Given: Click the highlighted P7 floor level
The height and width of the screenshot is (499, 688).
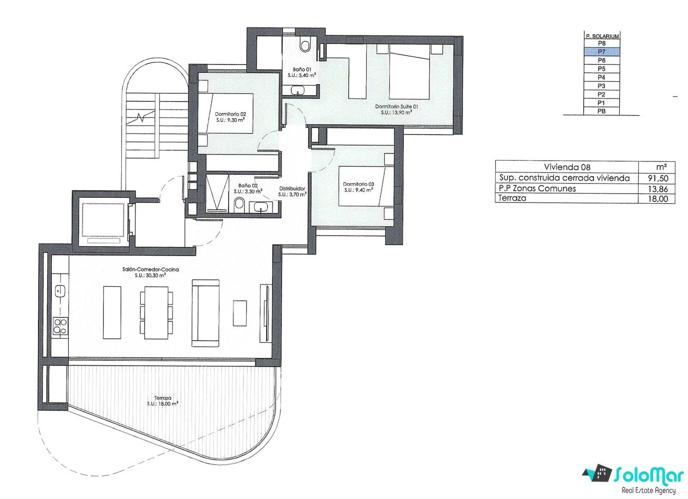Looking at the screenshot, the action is (601, 51).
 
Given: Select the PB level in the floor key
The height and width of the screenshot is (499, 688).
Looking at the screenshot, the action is (601, 111).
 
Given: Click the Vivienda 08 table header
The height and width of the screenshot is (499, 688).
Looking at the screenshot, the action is (567, 167).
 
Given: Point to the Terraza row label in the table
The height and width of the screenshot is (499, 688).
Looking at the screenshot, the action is (512, 198).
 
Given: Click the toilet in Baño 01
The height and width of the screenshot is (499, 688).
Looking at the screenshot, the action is (305, 44).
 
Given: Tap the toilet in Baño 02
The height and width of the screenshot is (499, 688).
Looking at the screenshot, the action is (239, 204).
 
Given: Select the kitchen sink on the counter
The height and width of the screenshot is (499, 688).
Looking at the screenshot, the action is (60, 291).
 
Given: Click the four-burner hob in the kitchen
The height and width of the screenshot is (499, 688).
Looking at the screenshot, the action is (60, 326).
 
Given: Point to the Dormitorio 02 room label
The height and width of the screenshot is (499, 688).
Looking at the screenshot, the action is (230, 114).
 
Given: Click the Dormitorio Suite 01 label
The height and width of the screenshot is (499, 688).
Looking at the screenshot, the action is (396, 106).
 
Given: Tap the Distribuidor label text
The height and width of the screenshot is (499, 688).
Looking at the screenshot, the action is (292, 188).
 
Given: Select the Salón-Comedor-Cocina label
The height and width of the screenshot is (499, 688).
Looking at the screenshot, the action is (150, 270).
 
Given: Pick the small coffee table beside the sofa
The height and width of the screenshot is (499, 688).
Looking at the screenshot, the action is (240, 313).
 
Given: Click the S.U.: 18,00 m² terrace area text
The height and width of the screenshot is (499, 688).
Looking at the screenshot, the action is (163, 404).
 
